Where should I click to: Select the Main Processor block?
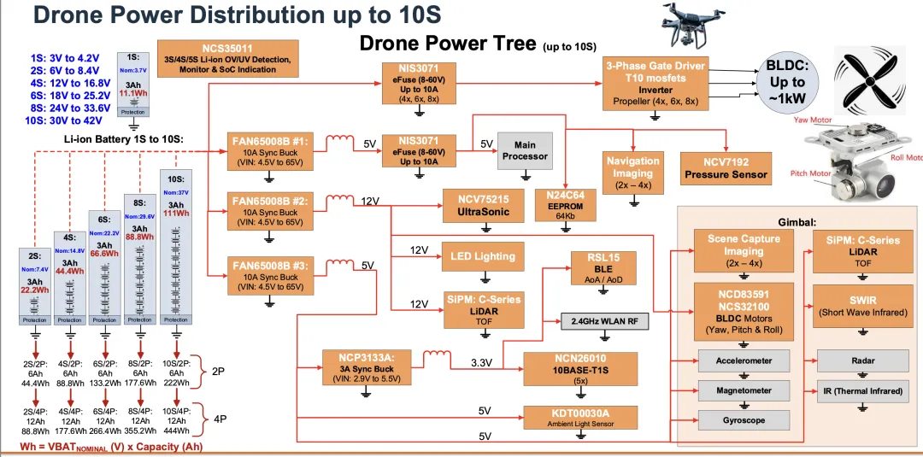click(525, 150)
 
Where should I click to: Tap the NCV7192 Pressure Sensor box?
click(726, 167)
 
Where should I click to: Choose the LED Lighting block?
click(484, 256)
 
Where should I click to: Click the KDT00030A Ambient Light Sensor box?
click(581, 417)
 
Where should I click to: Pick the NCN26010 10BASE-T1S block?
click(581, 369)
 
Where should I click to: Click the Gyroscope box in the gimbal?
click(743, 420)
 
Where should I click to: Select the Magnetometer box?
click(743, 390)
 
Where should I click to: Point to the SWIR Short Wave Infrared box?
click(862, 305)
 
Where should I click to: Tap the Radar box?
click(862, 360)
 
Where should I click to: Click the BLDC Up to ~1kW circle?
click(787, 83)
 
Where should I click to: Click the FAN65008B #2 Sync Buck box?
click(270, 210)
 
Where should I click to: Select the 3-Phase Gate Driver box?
click(656, 83)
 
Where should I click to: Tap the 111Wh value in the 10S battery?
click(177, 214)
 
